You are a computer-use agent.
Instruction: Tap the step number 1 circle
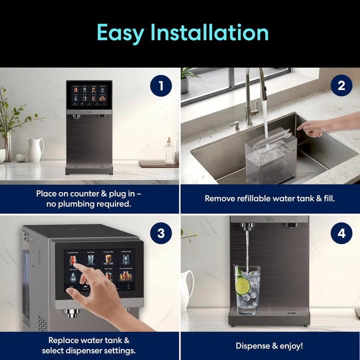pos(161,86)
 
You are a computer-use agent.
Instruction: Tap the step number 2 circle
pos(341,86)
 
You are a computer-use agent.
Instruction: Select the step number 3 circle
pos(161,233)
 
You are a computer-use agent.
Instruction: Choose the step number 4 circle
pos(341,233)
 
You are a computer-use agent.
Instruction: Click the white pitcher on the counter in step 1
pos(35,149)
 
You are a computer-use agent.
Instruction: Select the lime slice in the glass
pos(242,286)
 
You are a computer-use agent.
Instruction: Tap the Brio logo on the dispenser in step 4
pos(270,220)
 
